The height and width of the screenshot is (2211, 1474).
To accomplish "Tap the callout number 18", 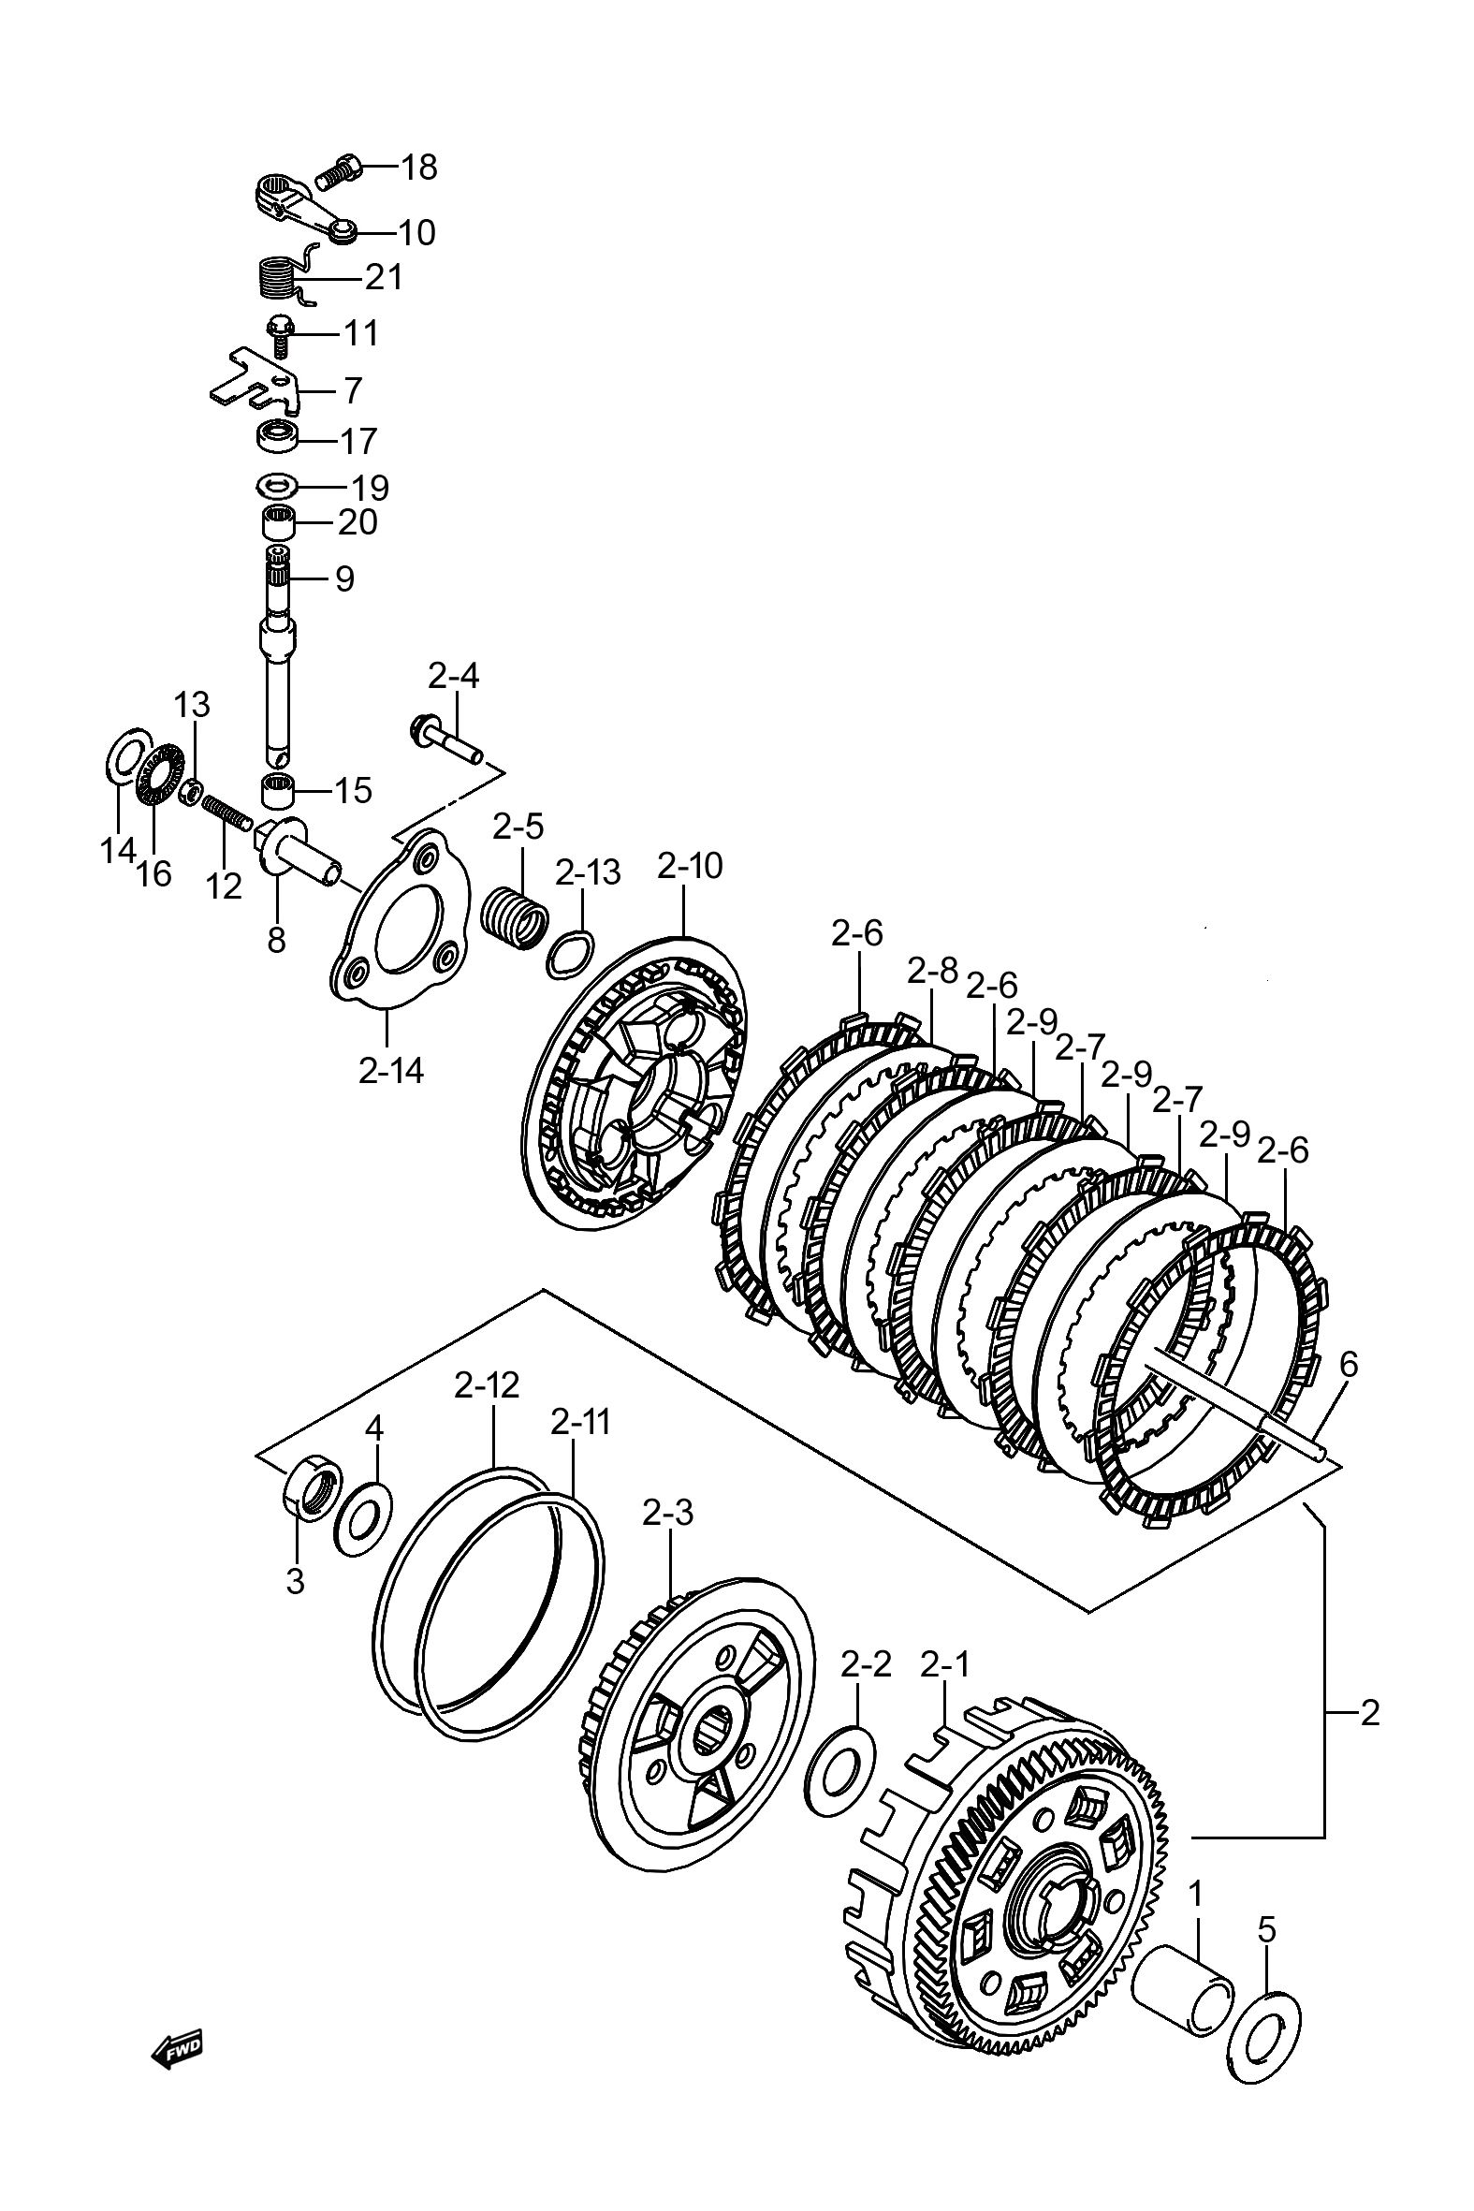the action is pyautogui.click(x=419, y=168).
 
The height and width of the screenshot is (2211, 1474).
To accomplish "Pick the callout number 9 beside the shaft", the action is pyautogui.click(x=345, y=579).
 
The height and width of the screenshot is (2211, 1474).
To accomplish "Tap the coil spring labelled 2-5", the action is pyautogui.click(x=514, y=915).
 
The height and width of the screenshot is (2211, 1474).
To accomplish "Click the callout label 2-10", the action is pyautogui.click(x=690, y=866).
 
